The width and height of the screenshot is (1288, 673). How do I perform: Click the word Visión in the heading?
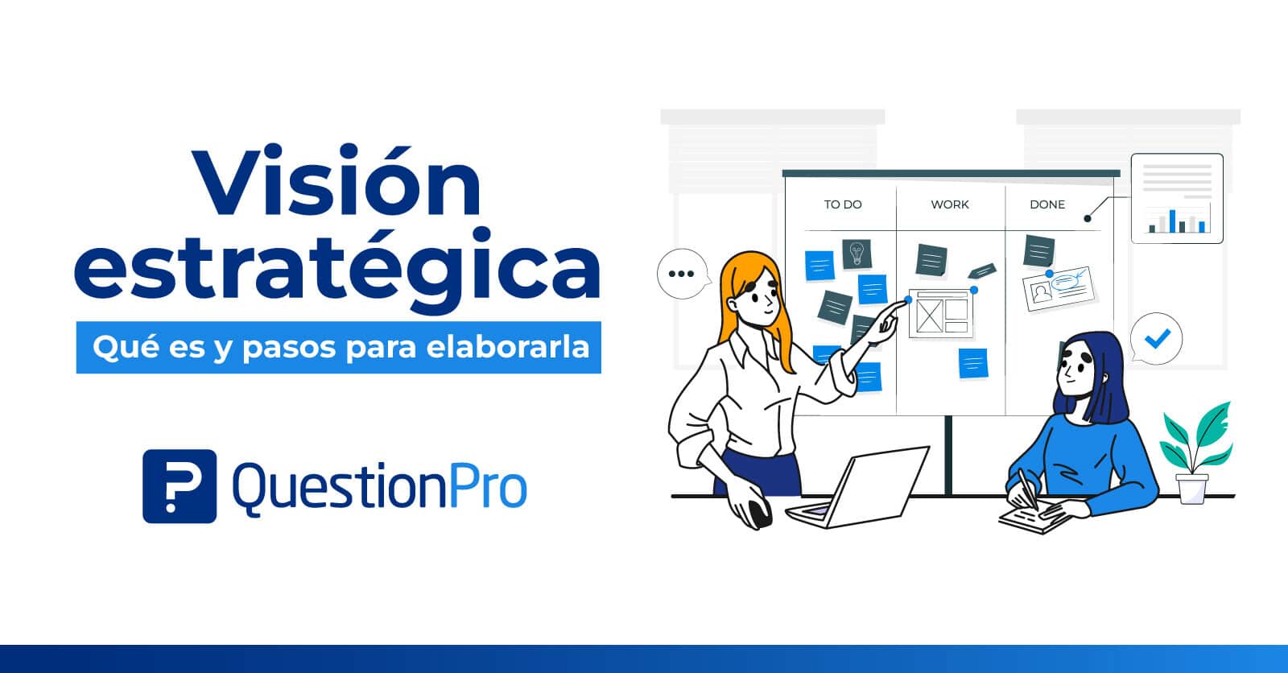tap(336, 180)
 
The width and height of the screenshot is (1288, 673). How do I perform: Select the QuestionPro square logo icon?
tap(180, 486)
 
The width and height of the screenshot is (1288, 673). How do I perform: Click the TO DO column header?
tap(842, 204)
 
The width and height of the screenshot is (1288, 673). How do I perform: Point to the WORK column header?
tap(950, 204)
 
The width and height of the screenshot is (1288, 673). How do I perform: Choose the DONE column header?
tap(1047, 204)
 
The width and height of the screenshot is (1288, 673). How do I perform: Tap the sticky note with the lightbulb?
tap(857, 254)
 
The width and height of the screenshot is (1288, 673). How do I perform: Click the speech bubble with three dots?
tap(683, 274)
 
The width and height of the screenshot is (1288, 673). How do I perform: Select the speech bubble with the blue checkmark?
tap(1156, 339)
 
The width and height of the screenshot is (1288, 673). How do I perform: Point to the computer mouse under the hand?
tap(758, 512)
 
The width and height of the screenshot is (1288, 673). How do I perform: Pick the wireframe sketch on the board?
tap(941, 313)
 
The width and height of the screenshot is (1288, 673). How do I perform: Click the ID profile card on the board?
tap(1059, 289)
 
